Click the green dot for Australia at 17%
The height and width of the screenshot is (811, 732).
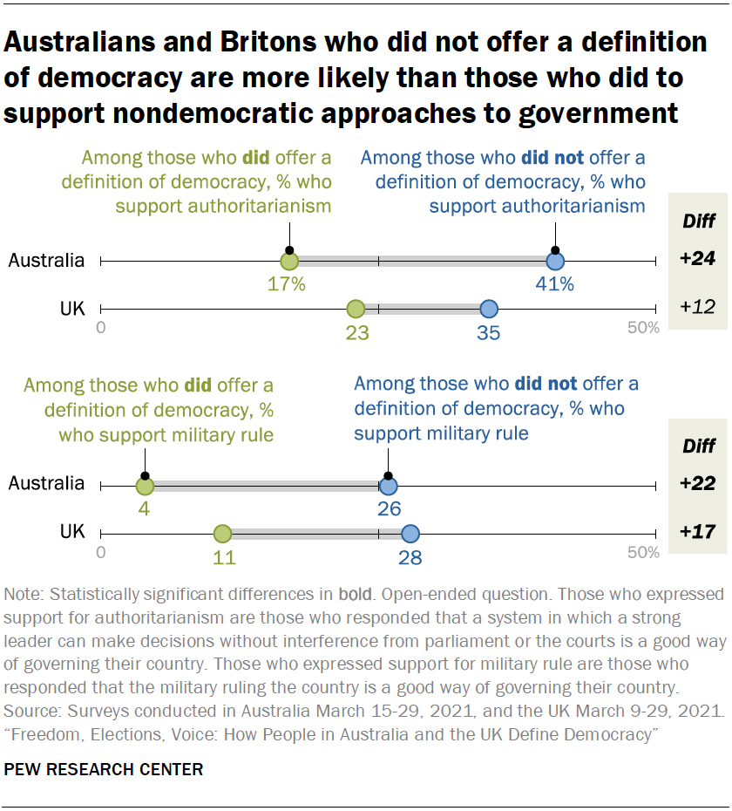pyautogui.click(x=289, y=261)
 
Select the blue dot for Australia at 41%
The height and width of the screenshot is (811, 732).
pyautogui.click(x=555, y=261)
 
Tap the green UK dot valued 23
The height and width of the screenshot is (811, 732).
pyautogui.click(x=356, y=309)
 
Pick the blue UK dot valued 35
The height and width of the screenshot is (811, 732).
pyautogui.click(x=489, y=309)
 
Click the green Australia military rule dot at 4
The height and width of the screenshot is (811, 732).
pyautogui.click(x=145, y=486)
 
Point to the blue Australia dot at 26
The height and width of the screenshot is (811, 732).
pyautogui.click(x=389, y=486)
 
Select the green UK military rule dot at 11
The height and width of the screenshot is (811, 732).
pyautogui.click(x=222, y=534)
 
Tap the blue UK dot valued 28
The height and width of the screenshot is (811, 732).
pyautogui.click(x=410, y=534)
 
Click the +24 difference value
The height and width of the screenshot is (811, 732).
pyautogui.click(x=698, y=260)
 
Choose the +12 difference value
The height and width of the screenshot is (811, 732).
pyautogui.click(x=698, y=308)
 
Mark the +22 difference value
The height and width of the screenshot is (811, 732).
pyautogui.click(x=698, y=485)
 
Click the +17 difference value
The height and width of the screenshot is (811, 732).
pyautogui.click(x=698, y=533)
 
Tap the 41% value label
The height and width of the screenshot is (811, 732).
pyautogui.click(x=555, y=284)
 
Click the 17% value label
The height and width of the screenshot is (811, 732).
pyautogui.click(x=287, y=284)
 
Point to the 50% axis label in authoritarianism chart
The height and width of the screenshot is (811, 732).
pyautogui.click(x=643, y=328)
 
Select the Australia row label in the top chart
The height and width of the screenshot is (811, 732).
pyautogui.click(x=46, y=260)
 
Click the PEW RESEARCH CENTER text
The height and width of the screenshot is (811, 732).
pyautogui.click(x=104, y=769)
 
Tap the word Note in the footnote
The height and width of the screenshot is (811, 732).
pyautogui.click(x=23, y=595)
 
